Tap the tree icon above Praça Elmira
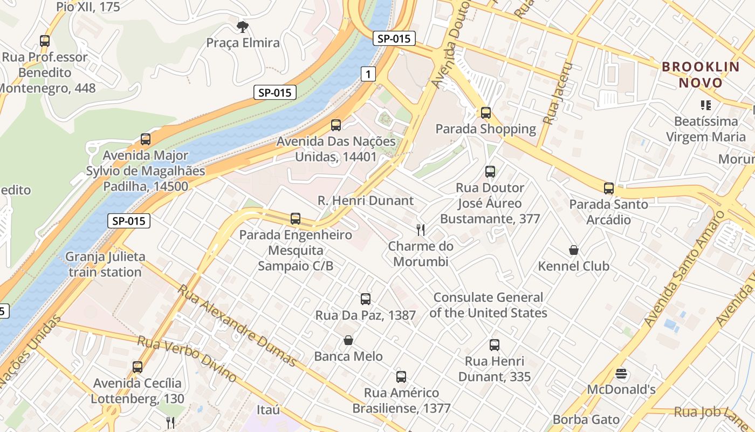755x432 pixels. point(243,26)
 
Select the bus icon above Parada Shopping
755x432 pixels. point(486,113)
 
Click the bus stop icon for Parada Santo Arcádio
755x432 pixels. point(609,188)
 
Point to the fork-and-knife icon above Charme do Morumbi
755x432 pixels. point(421,230)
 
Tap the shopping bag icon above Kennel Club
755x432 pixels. point(574,250)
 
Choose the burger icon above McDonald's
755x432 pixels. point(621,374)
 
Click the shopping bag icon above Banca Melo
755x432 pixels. point(348,340)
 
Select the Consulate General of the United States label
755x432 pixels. point(488,305)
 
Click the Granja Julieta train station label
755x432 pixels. point(105,264)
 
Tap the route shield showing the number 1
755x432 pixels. point(368,74)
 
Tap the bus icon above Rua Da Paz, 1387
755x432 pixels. point(366,299)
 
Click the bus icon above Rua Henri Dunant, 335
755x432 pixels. point(495,345)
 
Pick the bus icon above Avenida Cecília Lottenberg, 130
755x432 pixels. point(138,367)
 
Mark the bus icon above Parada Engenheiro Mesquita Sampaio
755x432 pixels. point(296,219)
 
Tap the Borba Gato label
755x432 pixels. point(586,420)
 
